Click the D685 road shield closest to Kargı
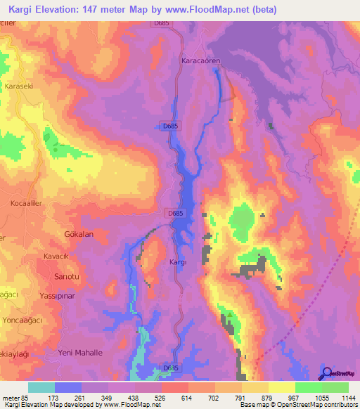(x=176, y=212)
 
